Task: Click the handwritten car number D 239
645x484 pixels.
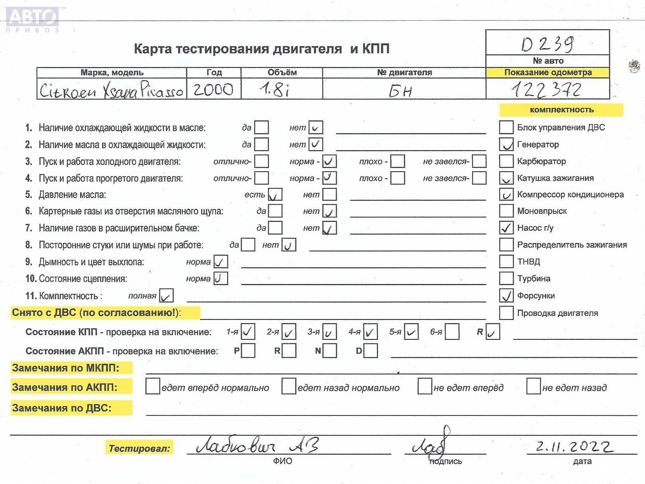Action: tap(548, 44)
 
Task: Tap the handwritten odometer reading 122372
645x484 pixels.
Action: tap(547, 90)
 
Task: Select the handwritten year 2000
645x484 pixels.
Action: tap(213, 89)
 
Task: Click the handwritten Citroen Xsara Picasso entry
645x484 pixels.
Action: tap(111, 90)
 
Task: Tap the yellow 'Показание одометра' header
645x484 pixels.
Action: tap(548, 73)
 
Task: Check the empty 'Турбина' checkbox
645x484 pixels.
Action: tap(506, 278)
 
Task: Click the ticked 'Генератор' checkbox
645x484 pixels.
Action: tap(506, 144)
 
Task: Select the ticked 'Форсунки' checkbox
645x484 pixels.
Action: tap(506, 296)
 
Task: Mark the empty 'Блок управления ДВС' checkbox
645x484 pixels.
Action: tap(506, 127)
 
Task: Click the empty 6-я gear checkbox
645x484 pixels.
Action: tap(452, 332)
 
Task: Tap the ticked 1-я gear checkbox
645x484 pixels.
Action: tap(248, 331)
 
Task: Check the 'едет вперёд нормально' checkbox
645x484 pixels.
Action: tap(153, 386)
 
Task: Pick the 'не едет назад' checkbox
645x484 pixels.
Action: tap(533, 386)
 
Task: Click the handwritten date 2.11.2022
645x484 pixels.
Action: tap(574, 447)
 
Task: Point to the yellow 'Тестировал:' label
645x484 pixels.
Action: tap(139, 448)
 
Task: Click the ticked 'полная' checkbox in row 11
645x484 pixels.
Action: tap(166, 296)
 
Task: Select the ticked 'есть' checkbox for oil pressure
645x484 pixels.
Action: tap(275, 195)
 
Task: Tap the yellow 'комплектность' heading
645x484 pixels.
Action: tap(561, 110)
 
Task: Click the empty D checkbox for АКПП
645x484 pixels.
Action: tap(371, 351)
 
